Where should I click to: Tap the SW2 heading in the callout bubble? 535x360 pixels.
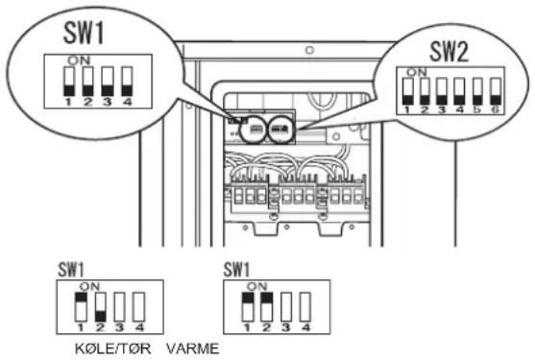coord(449,51)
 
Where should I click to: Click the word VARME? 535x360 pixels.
coord(193,348)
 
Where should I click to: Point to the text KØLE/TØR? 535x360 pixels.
coord(113,348)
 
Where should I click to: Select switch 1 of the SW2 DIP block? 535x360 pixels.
coord(407,91)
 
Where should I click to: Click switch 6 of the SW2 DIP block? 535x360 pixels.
coord(496,91)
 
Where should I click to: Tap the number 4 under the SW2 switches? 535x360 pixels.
coord(459,109)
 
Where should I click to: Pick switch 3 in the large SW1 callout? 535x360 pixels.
coord(108,82)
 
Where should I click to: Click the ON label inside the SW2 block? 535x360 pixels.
coord(417,72)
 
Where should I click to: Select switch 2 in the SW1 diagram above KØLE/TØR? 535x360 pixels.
coord(100,307)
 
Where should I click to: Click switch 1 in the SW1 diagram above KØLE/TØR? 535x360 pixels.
coord(81,307)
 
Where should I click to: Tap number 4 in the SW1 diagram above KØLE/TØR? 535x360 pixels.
coord(139,327)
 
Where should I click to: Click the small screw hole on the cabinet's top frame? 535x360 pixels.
coord(309,50)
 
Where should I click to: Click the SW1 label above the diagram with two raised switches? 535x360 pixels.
coord(236,270)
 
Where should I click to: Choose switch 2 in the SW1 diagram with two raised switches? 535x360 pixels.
coord(267,307)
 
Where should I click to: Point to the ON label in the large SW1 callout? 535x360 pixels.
coord(79,60)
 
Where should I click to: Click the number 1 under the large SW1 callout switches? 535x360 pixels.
coord(68,101)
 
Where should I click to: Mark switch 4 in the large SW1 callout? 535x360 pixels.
coord(128,82)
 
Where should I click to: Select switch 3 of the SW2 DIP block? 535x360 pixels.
coord(442,91)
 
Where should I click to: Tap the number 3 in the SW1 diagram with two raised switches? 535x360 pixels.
coord(286,327)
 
